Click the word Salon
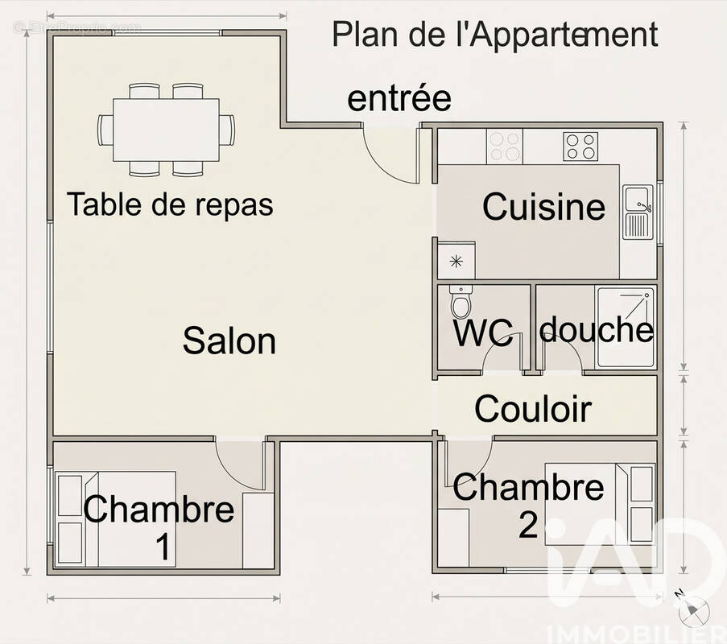pos(229,341)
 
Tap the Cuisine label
pos(543,207)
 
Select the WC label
pos(483,333)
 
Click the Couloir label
pos(533,409)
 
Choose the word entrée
pos(399,99)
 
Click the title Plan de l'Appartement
pos(495,35)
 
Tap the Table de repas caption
pos(170,204)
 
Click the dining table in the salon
pos(166,129)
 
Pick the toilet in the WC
pos(461,303)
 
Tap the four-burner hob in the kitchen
pos(580,146)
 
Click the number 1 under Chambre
pos(163,547)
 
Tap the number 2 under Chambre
pos(528,525)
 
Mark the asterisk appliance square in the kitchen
pos(456,260)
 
